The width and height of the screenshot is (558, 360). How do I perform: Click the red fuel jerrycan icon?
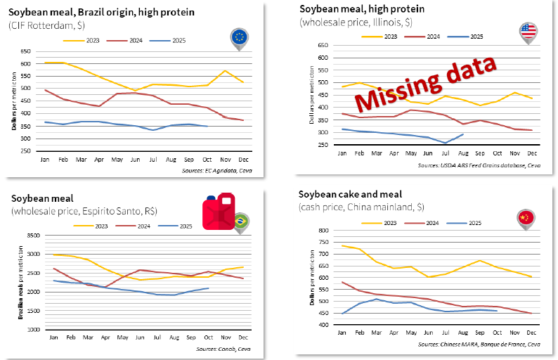218,214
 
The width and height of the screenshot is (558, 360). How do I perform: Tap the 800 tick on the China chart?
325,231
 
